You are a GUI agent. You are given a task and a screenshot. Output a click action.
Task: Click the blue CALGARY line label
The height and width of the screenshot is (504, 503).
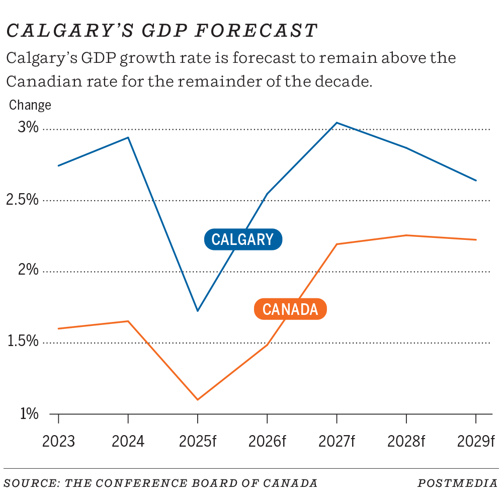(243, 239)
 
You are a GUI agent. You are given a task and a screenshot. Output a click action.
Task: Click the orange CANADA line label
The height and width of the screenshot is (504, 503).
(290, 309)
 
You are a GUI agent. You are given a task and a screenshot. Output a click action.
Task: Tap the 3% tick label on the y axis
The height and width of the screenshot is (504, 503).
(28, 127)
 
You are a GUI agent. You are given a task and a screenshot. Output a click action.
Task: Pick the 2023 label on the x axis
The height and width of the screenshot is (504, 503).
(58, 441)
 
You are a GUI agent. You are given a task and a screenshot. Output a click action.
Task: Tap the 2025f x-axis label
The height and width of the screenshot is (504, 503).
(198, 441)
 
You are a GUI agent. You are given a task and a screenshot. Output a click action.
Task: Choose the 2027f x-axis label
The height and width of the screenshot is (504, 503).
(337, 441)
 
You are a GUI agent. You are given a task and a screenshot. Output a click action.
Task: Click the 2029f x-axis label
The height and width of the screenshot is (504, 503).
(476, 441)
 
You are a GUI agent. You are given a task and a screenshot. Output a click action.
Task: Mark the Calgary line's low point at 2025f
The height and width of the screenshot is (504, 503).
(198, 311)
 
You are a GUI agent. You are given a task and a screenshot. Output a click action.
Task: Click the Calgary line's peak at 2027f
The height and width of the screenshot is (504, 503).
(337, 123)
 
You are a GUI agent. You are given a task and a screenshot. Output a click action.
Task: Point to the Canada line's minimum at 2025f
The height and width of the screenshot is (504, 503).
(198, 399)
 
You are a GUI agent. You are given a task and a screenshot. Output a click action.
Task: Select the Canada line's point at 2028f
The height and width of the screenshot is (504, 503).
(406, 235)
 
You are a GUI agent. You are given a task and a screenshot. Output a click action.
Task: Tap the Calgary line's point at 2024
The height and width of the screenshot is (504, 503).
(128, 137)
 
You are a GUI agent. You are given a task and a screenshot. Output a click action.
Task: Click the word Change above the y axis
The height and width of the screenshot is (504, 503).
(30, 105)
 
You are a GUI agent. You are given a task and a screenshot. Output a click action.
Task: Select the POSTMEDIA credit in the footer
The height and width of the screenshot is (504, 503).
(457, 483)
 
